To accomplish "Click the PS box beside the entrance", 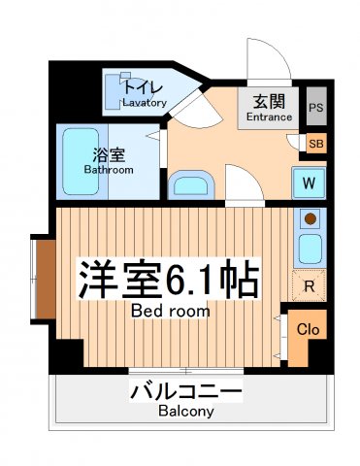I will click(316, 108).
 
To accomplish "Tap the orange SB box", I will click(315, 144).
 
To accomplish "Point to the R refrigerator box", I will click(308, 285).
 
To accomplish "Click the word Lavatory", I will click(145, 103).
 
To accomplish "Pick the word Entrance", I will click(269, 117).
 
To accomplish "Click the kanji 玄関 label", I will click(269, 101).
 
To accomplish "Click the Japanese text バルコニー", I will click(185, 393).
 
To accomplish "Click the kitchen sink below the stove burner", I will click(310, 250).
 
